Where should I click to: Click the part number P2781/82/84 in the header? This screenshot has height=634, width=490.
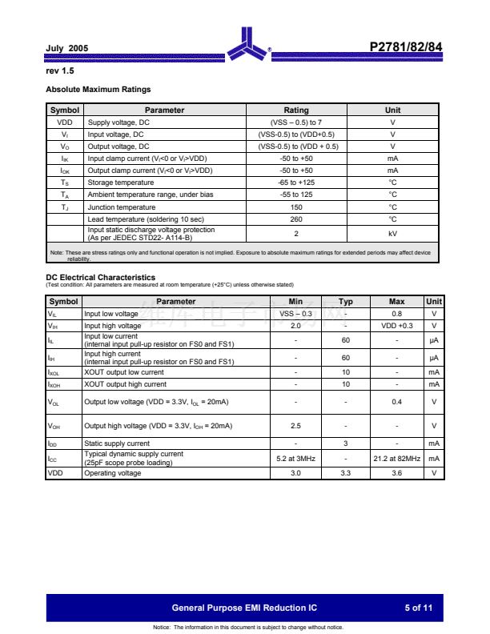[x=405, y=47]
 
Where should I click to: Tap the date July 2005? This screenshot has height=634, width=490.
[x=67, y=49]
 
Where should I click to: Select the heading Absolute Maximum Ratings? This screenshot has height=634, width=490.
[x=98, y=89]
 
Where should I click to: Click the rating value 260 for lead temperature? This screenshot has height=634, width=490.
[x=296, y=219]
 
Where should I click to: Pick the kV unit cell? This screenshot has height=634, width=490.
[x=392, y=233]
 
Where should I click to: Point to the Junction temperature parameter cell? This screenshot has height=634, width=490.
[x=122, y=207]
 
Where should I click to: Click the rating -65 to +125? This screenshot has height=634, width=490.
[x=296, y=183]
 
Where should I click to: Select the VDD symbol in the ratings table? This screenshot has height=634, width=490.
[x=65, y=122]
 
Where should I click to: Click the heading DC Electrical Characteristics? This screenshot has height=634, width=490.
[x=100, y=277]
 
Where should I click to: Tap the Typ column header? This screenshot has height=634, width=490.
[x=346, y=302]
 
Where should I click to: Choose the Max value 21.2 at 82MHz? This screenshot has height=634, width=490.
[x=396, y=459]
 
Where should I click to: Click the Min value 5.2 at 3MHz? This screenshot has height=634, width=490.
[x=295, y=459]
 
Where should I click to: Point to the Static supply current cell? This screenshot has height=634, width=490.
[x=117, y=443]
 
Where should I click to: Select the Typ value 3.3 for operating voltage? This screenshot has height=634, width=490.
[x=346, y=473]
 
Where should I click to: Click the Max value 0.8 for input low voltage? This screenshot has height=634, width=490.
[x=396, y=314]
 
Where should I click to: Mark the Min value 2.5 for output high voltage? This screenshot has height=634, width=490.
[x=295, y=426]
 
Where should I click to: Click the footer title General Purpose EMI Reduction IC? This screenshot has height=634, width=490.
[x=250, y=608]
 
